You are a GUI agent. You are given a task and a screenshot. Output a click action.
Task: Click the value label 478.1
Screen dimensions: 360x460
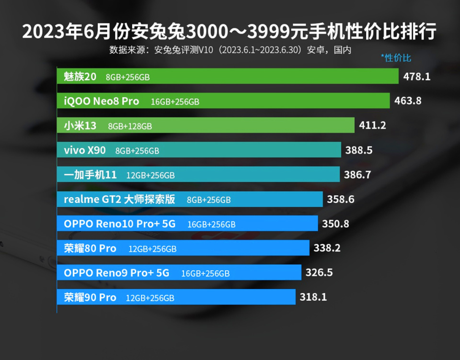tap(417, 77)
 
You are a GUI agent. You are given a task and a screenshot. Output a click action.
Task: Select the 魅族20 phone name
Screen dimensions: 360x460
tap(80, 77)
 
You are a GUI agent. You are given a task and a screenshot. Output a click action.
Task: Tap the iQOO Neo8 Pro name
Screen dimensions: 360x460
tap(102, 101)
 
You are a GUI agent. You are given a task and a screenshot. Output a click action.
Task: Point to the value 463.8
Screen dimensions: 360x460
tap(408, 101)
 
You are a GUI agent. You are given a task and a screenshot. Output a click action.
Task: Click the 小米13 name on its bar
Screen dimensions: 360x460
tap(80, 126)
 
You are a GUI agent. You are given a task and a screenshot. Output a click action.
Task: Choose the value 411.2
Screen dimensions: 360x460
tap(373, 126)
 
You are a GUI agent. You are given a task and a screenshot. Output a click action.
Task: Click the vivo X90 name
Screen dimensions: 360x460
tap(85, 150)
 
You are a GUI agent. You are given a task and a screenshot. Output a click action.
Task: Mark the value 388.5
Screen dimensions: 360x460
tap(359, 150)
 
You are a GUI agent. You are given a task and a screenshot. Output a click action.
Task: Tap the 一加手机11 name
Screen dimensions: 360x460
tap(90, 175)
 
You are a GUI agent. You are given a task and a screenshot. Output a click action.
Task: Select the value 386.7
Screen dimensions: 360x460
tap(357, 175)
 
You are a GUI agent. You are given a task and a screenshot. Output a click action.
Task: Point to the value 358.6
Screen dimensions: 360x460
tap(341, 200)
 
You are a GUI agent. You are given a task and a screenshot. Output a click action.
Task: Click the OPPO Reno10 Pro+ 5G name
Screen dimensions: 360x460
tap(120, 224)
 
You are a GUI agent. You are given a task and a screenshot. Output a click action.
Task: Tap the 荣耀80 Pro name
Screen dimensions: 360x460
tap(90, 248)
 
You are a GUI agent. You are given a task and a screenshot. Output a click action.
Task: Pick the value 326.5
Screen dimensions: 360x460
tap(319, 273)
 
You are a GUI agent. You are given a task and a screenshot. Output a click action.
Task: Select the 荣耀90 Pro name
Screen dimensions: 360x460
tap(90, 297)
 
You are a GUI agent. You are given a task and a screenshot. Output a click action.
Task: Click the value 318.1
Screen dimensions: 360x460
tap(313, 297)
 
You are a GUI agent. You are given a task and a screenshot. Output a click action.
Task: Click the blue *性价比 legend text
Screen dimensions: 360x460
tap(396, 58)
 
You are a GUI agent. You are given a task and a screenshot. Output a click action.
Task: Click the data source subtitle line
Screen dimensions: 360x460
tap(230, 50)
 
